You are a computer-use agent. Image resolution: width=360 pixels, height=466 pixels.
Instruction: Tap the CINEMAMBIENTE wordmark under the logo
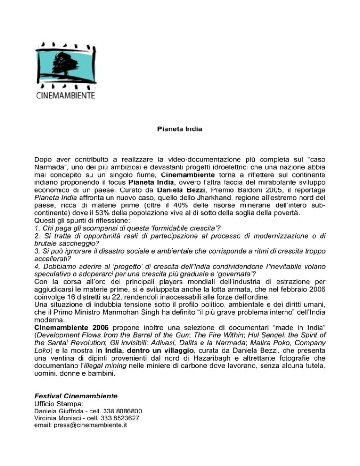point(66,96)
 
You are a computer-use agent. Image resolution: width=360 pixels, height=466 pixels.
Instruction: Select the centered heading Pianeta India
point(180,128)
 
